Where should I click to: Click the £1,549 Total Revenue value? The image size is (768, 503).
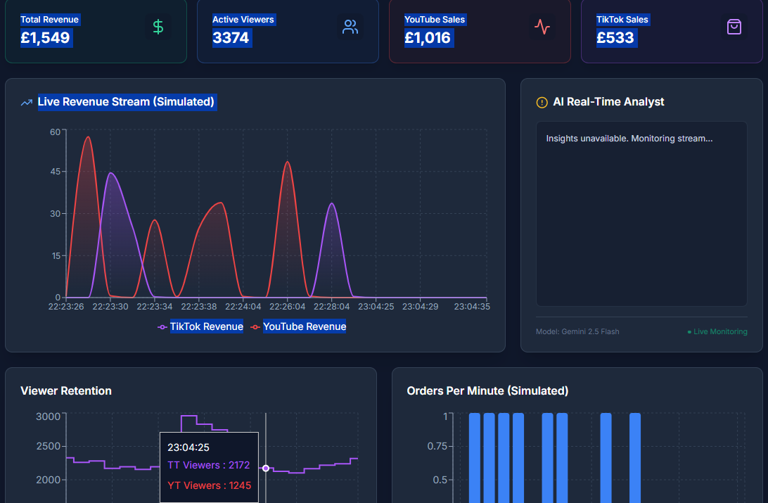coord(46,38)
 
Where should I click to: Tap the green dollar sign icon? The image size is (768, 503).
coord(158,27)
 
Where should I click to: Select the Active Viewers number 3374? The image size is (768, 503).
coord(231,38)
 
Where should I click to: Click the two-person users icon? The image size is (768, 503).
coord(350,27)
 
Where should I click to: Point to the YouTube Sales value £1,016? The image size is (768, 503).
coord(428,38)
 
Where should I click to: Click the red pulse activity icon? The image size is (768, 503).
coord(542,27)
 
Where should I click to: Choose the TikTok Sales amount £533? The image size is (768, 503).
coord(615,38)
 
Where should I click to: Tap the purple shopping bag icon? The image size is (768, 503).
coord(734,27)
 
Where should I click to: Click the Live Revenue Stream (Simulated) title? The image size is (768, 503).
coord(126,102)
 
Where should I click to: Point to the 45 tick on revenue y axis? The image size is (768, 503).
coord(55,172)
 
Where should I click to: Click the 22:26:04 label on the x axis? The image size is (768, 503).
coord(288,307)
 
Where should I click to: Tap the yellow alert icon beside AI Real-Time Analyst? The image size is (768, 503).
coord(542,103)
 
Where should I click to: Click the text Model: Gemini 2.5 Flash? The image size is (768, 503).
coord(577,331)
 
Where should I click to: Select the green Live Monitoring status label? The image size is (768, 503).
coord(717,331)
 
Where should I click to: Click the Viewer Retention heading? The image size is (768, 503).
coord(66,391)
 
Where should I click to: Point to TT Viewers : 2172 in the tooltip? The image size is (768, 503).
coord(209,465)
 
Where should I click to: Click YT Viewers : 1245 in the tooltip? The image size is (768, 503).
coord(209,485)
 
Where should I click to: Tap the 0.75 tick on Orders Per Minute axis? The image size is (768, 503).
coord(436,446)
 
